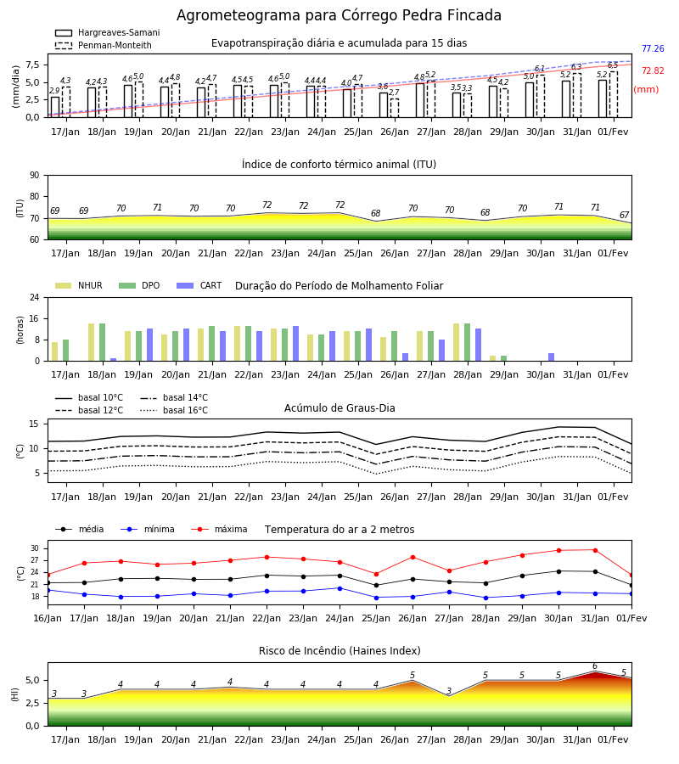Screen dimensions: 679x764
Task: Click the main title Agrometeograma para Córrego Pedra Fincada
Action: pyautogui.click(x=339, y=15)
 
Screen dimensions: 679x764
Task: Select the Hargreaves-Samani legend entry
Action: pyautogui.click(x=107, y=32)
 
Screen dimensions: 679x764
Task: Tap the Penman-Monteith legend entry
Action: pyautogui.click(x=104, y=45)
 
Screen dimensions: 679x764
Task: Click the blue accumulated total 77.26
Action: pyautogui.click(x=653, y=48)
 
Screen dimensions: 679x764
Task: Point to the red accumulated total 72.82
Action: pyautogui.click(x=653, y=70)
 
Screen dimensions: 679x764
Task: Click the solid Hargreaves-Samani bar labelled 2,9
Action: pyautogui.click(x=55, y=107)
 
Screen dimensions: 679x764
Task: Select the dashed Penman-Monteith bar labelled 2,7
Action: pyautogui.click(x=395, y=108)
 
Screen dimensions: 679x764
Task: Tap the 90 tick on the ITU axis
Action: pyautogui.click(x=35, y=176)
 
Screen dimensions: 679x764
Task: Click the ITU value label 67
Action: pyautogui.click(x=624, y=215)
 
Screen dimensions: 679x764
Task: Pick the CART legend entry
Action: pyautogui.click(x=199, y=285)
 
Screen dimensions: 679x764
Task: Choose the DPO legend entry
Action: pyautogui.click(x=139, y=285)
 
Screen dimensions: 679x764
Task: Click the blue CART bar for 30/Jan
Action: pyautogui.click(x=552, y=357)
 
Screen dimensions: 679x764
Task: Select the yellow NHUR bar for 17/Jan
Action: pyautogui.click(x=55, y=351)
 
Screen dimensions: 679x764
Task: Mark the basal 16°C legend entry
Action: pyautogui.click(x=174, y=410)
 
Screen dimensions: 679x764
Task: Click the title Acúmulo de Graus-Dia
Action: pyautogui.click(x=339, y=408)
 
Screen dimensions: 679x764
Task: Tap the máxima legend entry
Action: pyautogui.click(x=219, y=529)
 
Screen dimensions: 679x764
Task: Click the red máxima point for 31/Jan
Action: pyautogui.click(x=595, y=550)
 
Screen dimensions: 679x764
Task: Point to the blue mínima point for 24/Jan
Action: pyautogui.click(x=340, y=588)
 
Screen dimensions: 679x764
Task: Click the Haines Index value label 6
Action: pyautogui.click(x=595, y=666)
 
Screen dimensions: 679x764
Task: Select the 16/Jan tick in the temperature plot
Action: pyautogui.click(x=48, y=618)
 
